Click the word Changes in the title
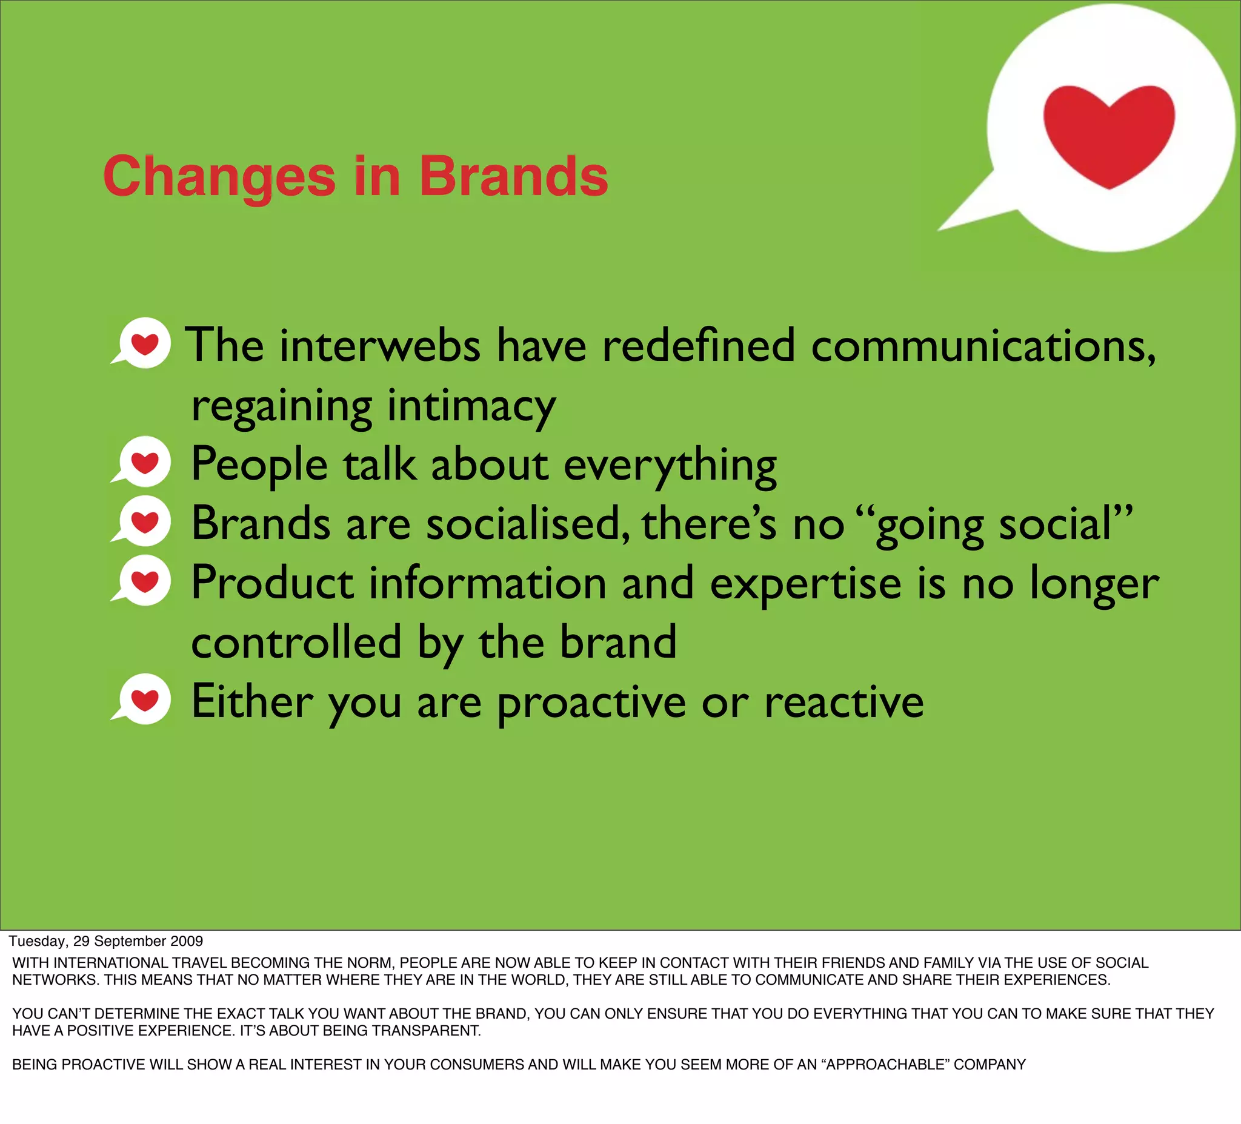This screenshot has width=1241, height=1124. (x=219, y=177)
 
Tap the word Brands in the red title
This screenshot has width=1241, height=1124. (x=513, y=177)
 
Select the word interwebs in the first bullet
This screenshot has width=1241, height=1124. (x=379, y=346)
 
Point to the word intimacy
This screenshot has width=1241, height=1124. (x=471, y=406)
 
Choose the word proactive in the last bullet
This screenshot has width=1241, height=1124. (x=591, y=702)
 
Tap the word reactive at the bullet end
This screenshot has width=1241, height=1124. (x=843, y=702)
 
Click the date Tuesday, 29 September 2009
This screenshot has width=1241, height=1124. (x=106, y=941)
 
